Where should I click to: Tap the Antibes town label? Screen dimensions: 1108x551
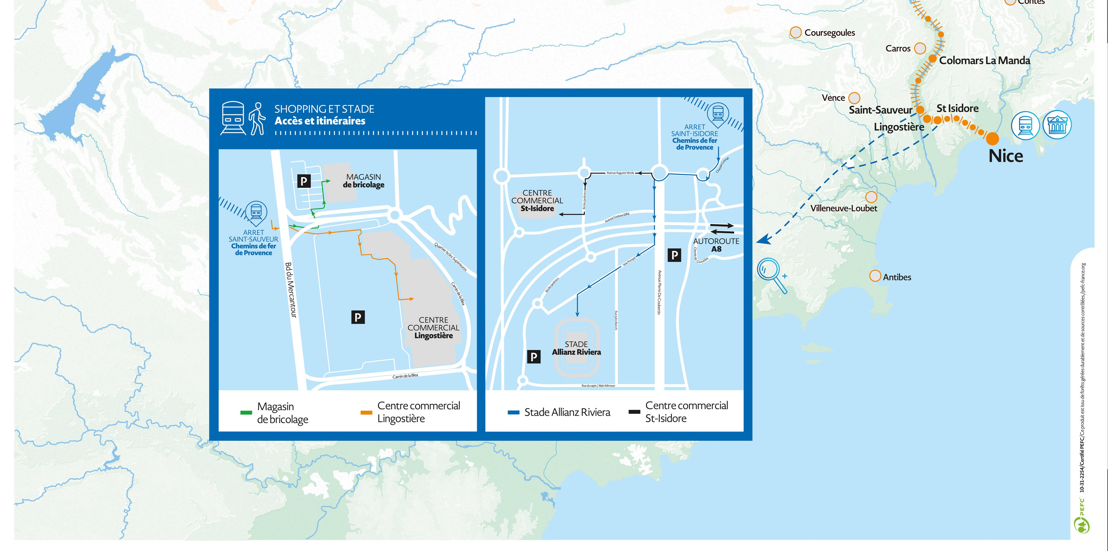tap(897, 277)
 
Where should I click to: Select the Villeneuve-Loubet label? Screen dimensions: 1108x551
tap(843, 208)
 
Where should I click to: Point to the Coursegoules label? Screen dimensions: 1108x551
tap(829, 33)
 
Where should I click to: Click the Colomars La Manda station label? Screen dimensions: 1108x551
tap(984, 61)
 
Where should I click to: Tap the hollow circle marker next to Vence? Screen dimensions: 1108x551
tap(854, 98)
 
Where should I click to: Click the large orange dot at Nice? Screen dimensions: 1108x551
tap(992, 139)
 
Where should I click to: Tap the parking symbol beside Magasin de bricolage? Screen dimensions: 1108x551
tap(304, 181)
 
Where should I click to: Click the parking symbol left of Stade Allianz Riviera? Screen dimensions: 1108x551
tap(533, 356)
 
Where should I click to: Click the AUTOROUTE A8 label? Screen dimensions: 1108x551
tap(716, 245)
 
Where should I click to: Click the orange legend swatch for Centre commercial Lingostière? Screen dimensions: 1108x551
tap(366, 412)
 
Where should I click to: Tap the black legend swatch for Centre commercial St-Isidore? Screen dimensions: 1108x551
tap(634, 412)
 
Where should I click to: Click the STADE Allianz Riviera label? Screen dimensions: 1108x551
tap(576, 348)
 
